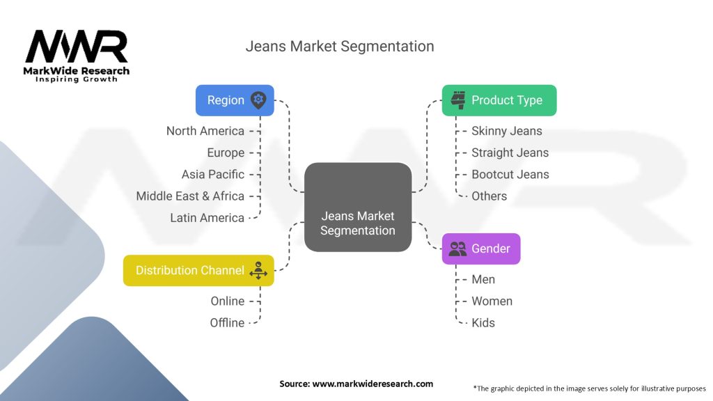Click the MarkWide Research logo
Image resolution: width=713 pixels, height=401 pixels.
point(77,54)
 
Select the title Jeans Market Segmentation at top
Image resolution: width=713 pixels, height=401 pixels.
point(339,47)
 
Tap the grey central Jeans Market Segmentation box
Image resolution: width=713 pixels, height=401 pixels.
point(357,207)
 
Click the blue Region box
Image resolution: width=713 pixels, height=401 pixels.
point(235,100)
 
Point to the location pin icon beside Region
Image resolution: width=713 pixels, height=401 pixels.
point(258,100)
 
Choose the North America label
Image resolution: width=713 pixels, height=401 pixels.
point(205,131)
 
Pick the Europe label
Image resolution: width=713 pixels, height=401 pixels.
point(226,152)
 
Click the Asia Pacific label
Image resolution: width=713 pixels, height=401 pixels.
point(213,174)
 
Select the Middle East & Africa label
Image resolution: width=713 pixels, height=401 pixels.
point(190,196)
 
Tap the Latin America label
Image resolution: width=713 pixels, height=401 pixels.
point(207,218)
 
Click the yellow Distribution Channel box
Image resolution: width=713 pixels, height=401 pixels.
point(198,270)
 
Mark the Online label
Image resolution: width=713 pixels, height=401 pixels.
point(228,301)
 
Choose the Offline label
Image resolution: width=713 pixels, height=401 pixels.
point(228,322)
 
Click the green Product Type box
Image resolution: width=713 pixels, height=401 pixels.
point(499,100)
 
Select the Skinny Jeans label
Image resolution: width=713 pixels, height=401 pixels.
point(506,131)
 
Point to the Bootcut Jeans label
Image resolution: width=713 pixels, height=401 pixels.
point(510,174)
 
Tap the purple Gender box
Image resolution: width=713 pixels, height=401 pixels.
point(481,249)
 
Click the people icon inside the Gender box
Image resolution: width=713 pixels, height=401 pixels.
point(457,249)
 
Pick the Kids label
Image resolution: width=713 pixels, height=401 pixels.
point(483,322)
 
